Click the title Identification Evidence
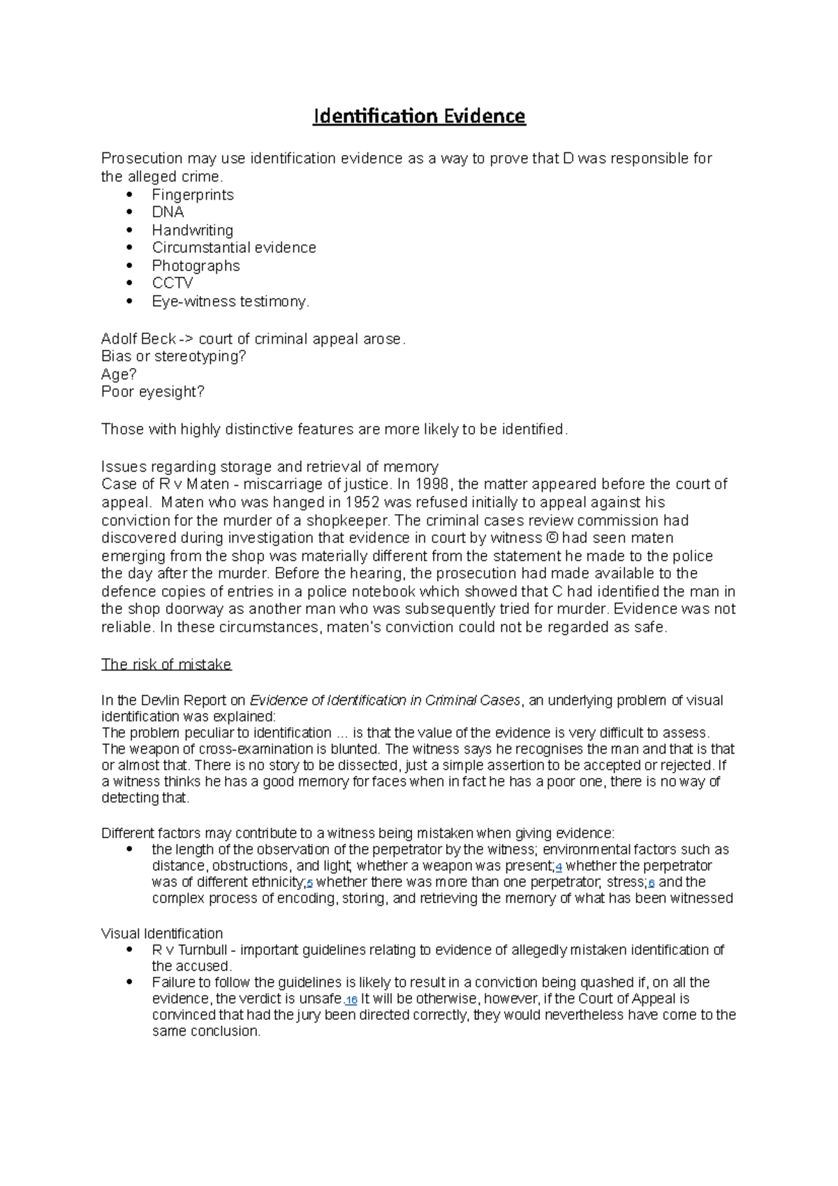click(419, 116)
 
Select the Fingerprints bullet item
click(193, 195)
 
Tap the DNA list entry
click(168, 212)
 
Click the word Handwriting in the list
click(193, 230)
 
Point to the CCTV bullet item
click(172, 283)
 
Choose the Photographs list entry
click(196, 265)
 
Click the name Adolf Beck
click(138, 339)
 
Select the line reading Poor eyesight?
click(152, 392)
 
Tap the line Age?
click(119, 374)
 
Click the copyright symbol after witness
click(552, 538)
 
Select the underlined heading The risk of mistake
click(166, 664)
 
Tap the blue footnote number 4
click(559, 867)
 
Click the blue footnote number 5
click(309, 884)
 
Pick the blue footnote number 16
click(351, 1000)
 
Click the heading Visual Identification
click(162, 934)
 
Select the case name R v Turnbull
click(189, 950)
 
